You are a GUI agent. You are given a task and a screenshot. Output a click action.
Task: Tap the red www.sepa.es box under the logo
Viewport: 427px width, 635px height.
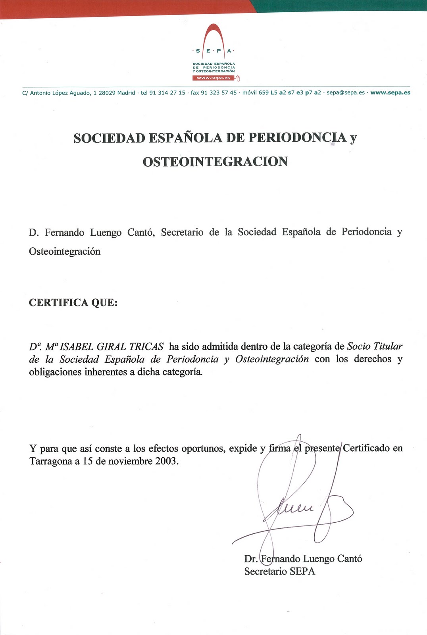213,78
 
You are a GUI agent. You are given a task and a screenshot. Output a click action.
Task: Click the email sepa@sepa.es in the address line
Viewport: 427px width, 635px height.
345,93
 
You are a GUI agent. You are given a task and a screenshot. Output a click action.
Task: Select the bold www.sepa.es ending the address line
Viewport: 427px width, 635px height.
390,93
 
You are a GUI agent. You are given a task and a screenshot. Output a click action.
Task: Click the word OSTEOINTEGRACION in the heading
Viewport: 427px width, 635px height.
215,162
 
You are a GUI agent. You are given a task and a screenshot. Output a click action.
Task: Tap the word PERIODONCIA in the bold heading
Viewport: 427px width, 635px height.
297,138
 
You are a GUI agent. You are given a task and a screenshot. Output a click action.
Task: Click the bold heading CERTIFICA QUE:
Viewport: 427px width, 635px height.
73,303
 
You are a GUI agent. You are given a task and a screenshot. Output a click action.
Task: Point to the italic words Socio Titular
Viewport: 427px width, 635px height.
375,346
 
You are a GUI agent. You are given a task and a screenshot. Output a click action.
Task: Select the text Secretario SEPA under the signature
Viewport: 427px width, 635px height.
279,571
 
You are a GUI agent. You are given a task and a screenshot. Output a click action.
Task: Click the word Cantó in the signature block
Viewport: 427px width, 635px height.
349,559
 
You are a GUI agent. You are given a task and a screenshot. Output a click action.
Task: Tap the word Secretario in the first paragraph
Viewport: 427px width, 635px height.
182,232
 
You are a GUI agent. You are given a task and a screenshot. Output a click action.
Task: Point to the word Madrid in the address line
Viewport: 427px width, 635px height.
126,93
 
